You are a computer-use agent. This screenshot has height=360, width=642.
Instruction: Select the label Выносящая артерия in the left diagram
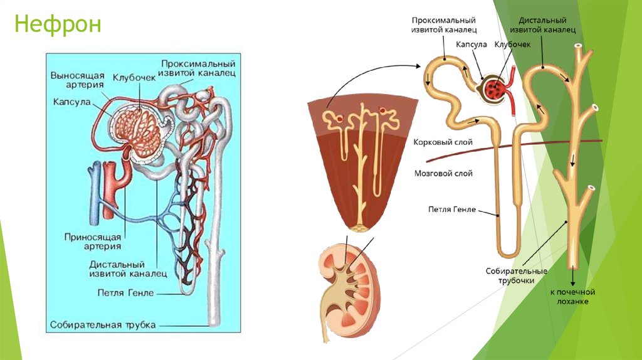(x=77, y=81)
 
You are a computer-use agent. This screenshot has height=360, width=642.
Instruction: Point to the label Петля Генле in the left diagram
(x=125, y=292)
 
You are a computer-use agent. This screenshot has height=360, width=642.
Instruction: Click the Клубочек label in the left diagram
(x=134, y=78)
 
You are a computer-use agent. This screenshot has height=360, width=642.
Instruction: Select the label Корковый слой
(x=443, y=143)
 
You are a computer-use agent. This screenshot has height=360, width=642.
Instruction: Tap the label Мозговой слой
(x=443, y=174)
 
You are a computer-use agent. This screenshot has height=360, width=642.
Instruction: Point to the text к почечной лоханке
(x=572, y=297)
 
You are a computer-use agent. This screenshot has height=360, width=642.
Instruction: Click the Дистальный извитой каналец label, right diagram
(x=542, y=24)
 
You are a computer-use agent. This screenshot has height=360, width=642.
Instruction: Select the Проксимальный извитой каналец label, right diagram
(x=444, y=24)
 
